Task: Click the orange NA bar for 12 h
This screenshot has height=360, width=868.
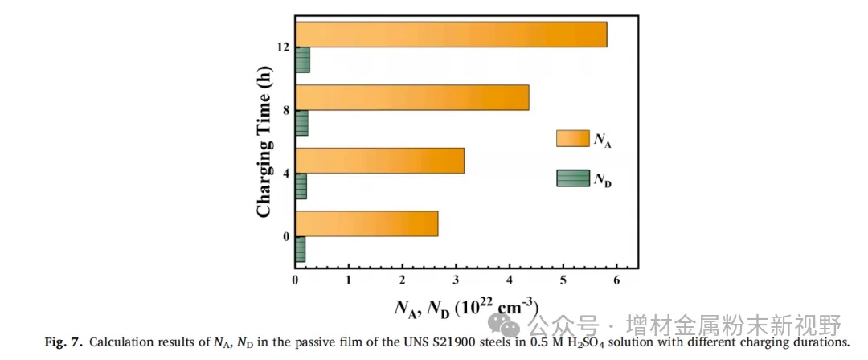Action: [450, 35]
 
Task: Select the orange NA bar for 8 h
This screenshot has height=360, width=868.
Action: [411, 97]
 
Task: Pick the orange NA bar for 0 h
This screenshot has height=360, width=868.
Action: [366, 223]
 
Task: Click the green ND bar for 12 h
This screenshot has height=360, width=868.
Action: [302, 60]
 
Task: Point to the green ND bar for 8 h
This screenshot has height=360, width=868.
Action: [301, 123]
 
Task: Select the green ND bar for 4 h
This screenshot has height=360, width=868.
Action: [301, 186]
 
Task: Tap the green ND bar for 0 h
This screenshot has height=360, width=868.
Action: [300, 249]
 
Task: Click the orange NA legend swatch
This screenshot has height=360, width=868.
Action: [572, 138]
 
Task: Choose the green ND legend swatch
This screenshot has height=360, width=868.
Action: [572, 178]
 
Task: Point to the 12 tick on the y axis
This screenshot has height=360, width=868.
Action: [282, 47]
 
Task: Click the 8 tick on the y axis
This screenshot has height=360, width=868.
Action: [285, 110]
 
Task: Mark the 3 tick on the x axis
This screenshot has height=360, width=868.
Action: [456, 280]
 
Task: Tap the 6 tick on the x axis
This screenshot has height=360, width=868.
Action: [616, 280]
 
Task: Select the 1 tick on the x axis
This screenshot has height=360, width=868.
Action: [349, 280]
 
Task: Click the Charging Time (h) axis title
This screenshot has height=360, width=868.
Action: [263, 143]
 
